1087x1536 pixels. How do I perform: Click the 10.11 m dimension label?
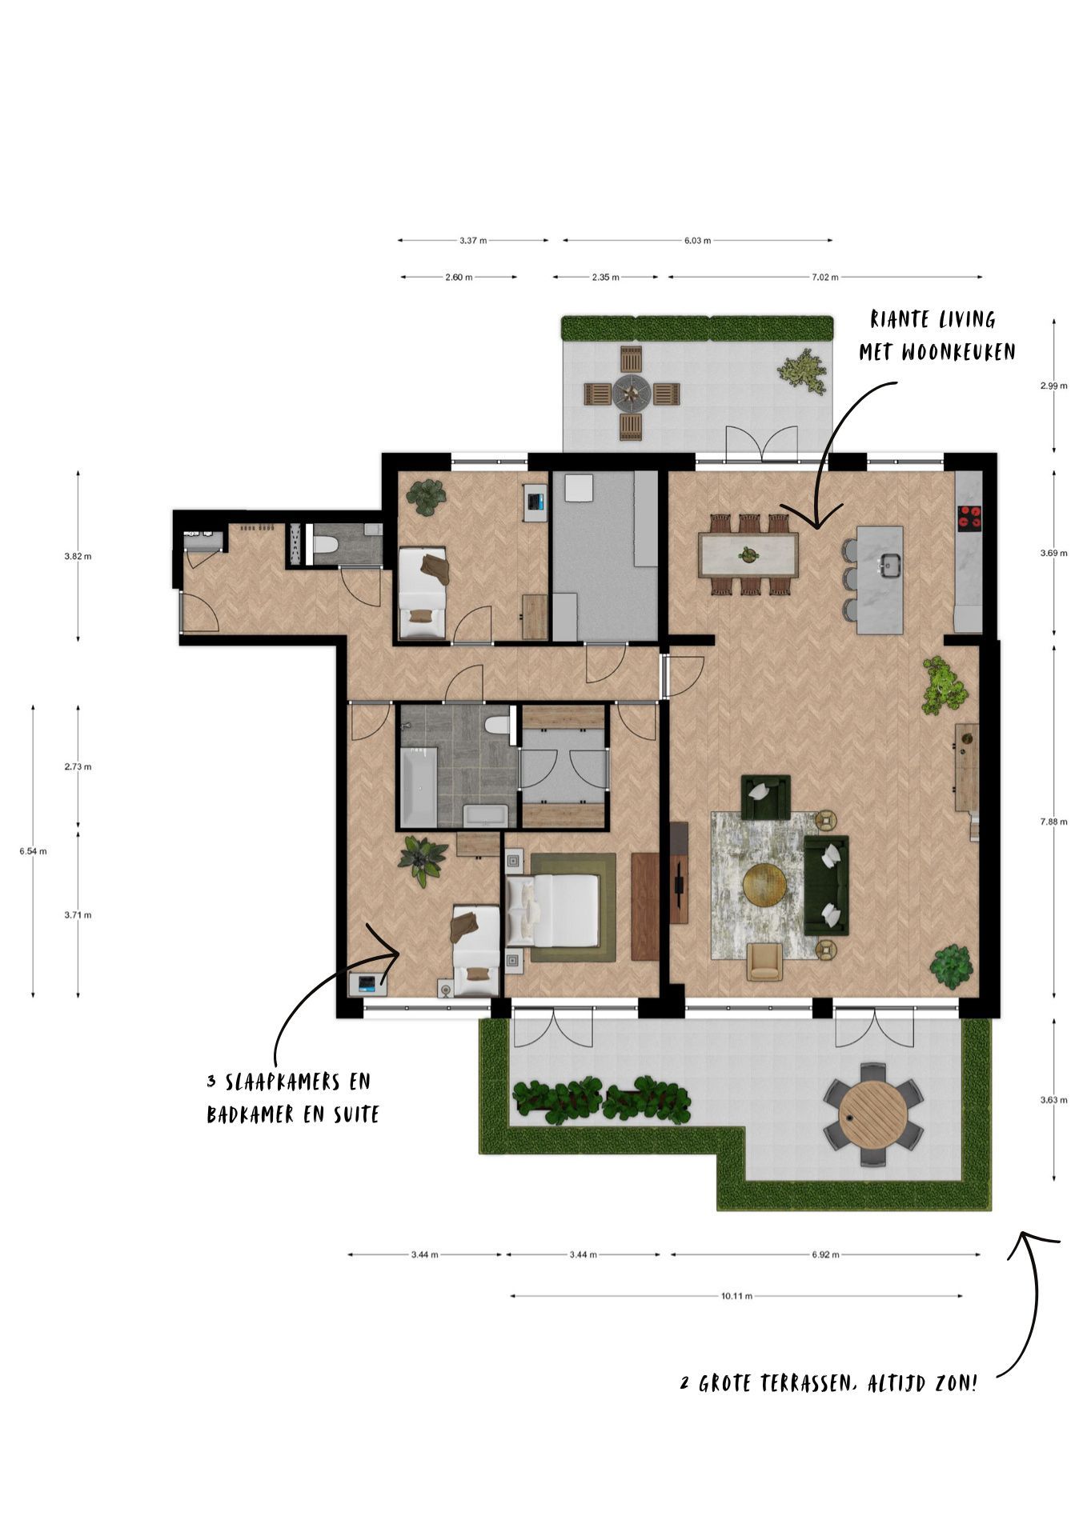pos(736,1297)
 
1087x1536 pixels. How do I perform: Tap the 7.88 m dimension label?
pos(1053,822)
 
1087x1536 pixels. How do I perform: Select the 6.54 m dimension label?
pos(33,851)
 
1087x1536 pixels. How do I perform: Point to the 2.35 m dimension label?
pos(605,278)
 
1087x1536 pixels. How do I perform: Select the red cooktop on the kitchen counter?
pos(969,518)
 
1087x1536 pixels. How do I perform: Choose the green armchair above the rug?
pos(765,796)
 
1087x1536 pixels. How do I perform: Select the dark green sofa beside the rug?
pos(827,885)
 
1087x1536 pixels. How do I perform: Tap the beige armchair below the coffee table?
pos(764,961)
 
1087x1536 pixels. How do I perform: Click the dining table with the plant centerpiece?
pos(748,554)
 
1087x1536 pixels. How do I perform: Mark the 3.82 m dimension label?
pos(78,556)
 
